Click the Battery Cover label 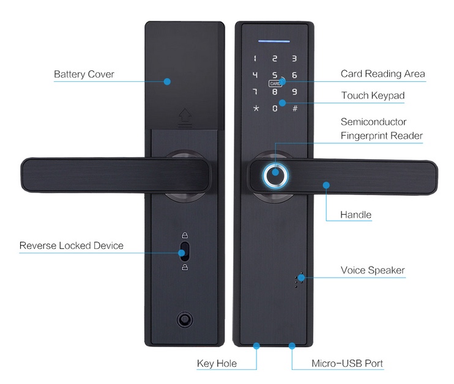point(84,75)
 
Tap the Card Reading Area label point(382,74)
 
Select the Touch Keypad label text point(372,95)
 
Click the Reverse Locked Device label point(71,246)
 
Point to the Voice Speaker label point(372,270)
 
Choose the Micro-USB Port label point(347,364)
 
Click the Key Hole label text point(217,364)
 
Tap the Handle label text point(355,215)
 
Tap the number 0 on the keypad point(275,109)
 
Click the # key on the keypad point(294,109)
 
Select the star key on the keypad point(255,109)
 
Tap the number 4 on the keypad point(255,76)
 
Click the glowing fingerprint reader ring point(275,174)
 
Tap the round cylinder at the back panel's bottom point(183,319)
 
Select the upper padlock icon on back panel point(183,236)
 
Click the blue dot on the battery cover point(167,81)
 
